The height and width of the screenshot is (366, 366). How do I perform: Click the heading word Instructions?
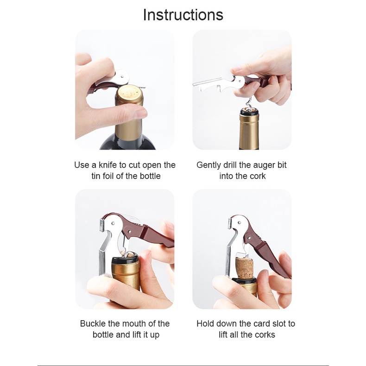(x=183, y=15)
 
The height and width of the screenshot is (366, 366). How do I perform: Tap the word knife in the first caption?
(x=107, y=165)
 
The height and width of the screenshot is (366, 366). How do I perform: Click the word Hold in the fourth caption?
(x=205, y=324)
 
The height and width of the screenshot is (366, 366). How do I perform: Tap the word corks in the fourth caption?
(x=265, y=334)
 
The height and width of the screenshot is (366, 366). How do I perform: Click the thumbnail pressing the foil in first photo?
(x=141, y=113)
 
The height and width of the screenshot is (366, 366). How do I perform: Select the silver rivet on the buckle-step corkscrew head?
(x=113, y=223)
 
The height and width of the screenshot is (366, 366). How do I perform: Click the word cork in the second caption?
(x=258, y=176)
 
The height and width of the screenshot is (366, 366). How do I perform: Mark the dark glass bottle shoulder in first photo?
(x=128, y=144)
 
